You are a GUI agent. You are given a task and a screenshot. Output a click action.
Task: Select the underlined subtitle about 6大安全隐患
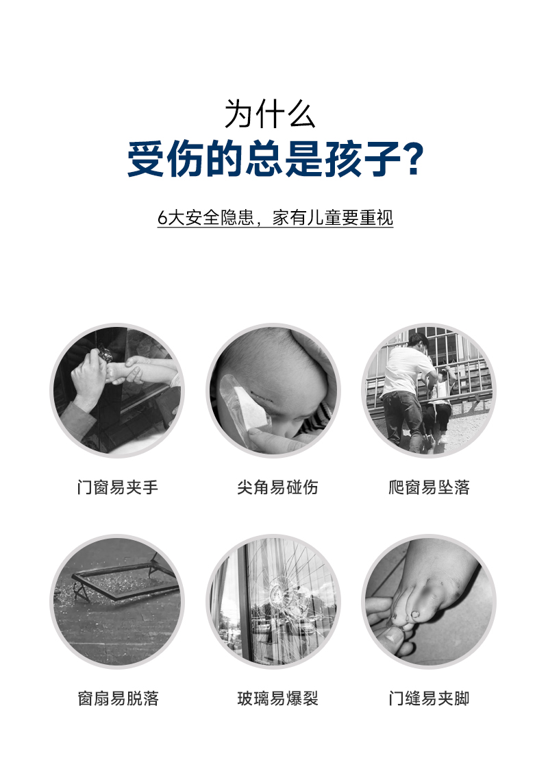275,218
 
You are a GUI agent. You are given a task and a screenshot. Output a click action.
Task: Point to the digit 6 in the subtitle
162,218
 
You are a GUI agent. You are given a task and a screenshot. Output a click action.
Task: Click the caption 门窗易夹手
118,488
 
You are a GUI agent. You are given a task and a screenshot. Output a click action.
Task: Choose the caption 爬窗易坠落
429,488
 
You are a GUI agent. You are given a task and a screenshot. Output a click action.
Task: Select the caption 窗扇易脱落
118,698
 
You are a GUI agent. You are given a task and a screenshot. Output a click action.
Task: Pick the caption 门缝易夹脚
429,698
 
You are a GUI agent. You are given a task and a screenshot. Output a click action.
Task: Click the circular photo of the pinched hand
118,390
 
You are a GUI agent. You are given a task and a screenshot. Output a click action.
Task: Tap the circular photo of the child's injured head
274,390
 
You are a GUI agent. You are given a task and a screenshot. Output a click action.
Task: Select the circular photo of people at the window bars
429,390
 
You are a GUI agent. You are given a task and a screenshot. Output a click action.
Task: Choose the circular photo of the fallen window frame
118,601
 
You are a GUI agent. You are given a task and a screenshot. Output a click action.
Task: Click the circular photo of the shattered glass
274,601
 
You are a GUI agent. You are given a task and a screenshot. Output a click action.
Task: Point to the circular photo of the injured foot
429,601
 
